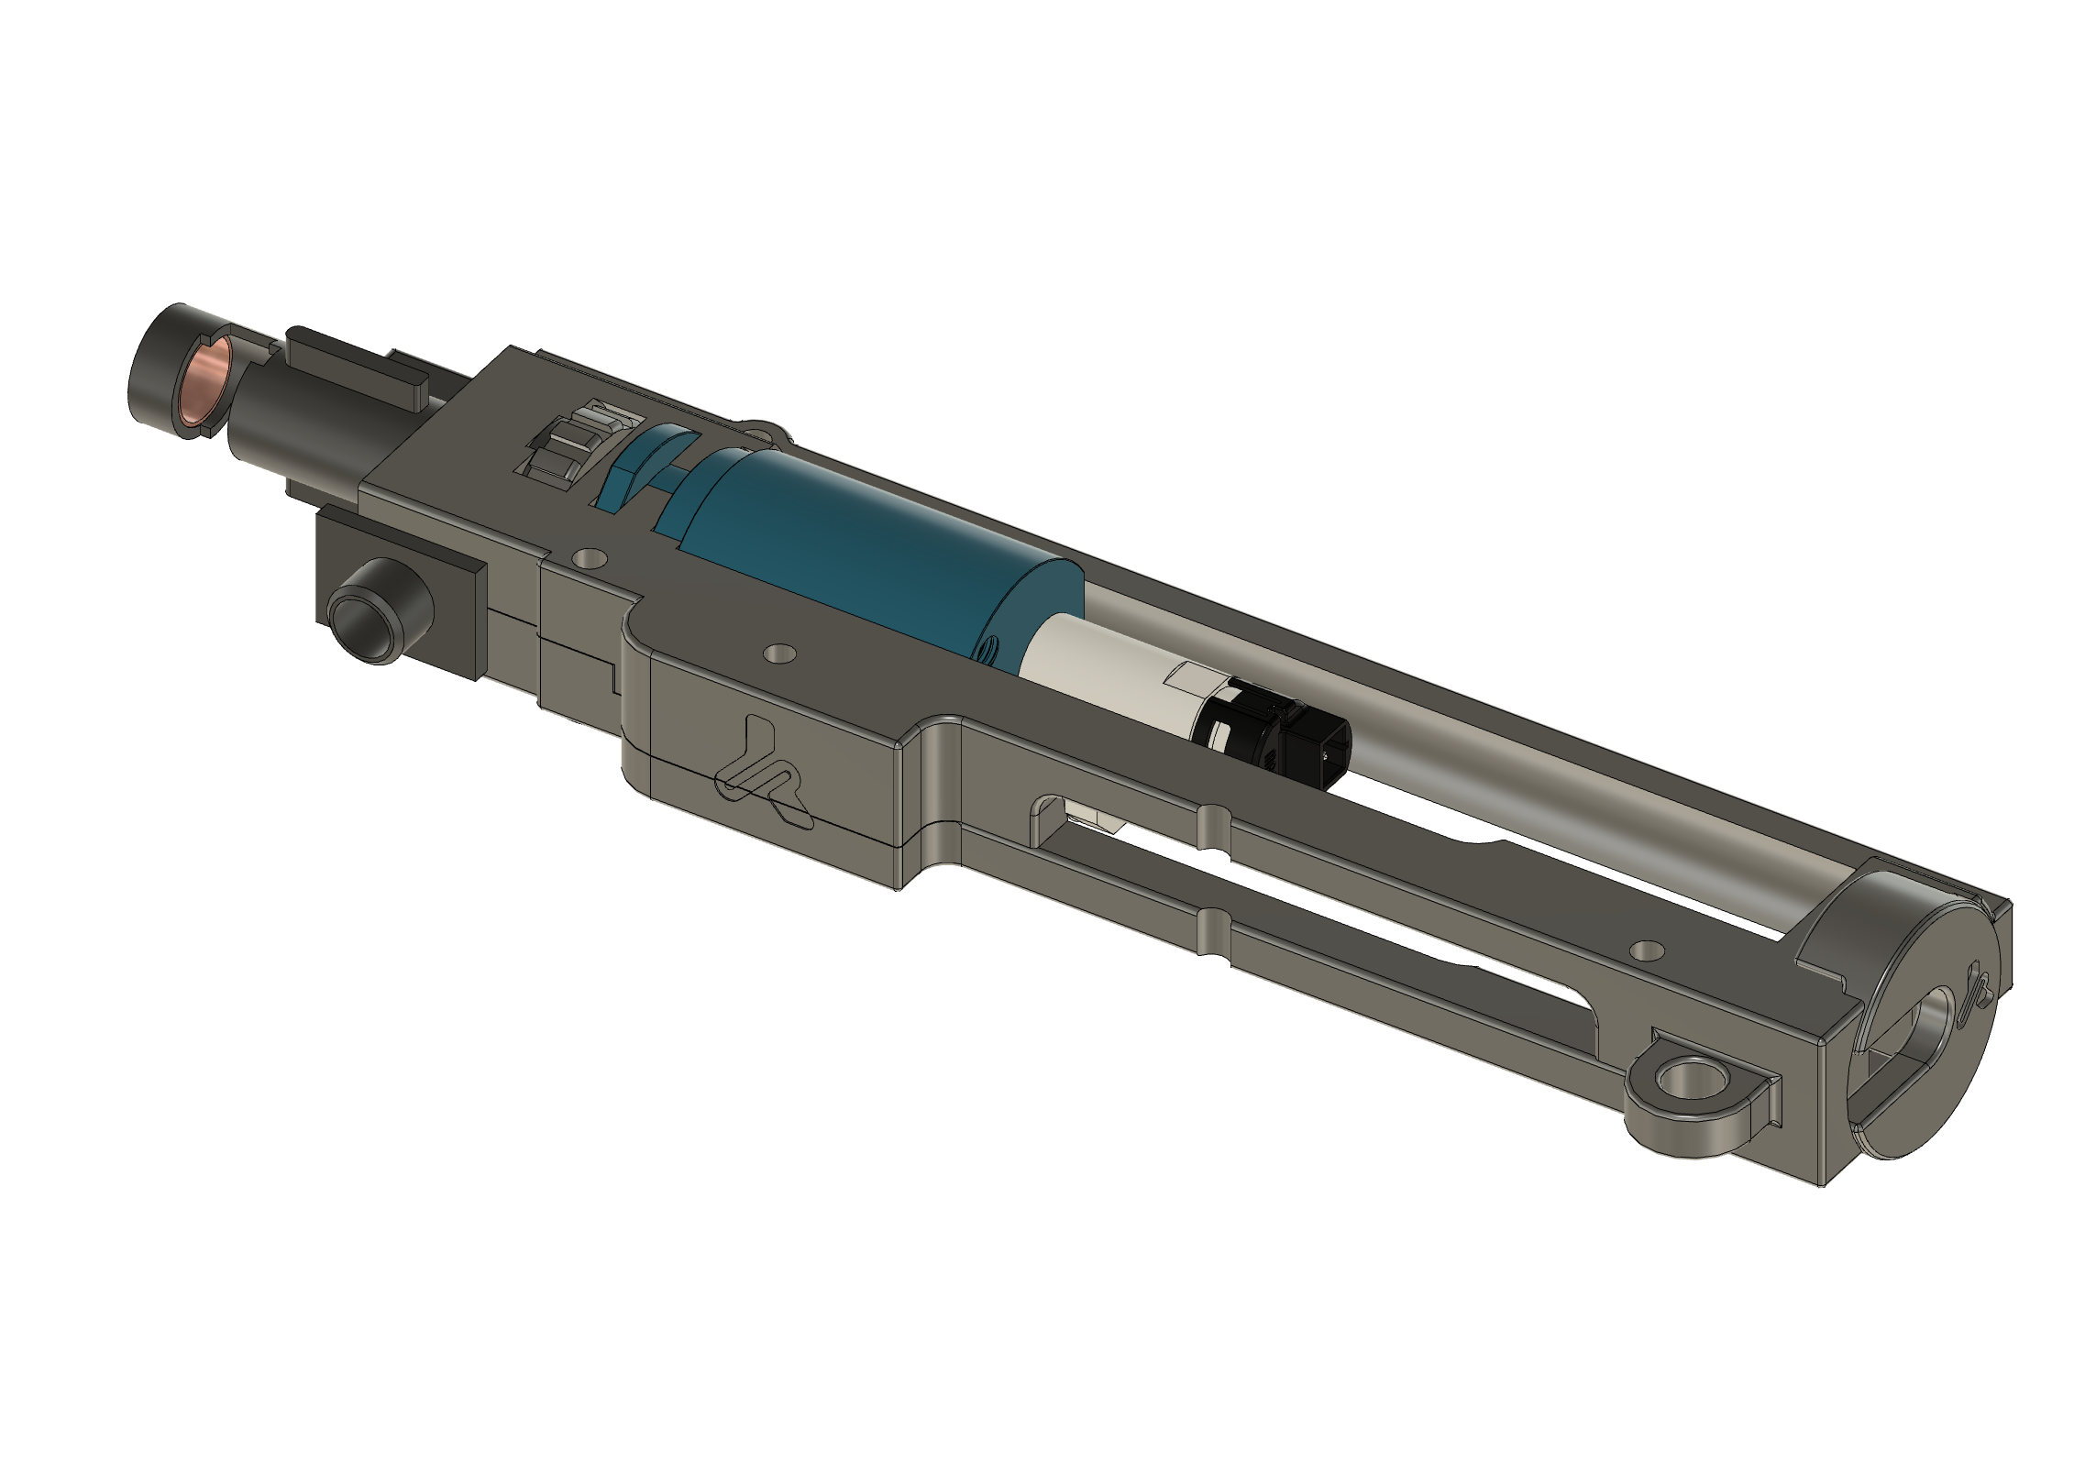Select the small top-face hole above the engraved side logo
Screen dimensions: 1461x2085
779,654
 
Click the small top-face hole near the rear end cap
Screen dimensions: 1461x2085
1647,950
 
